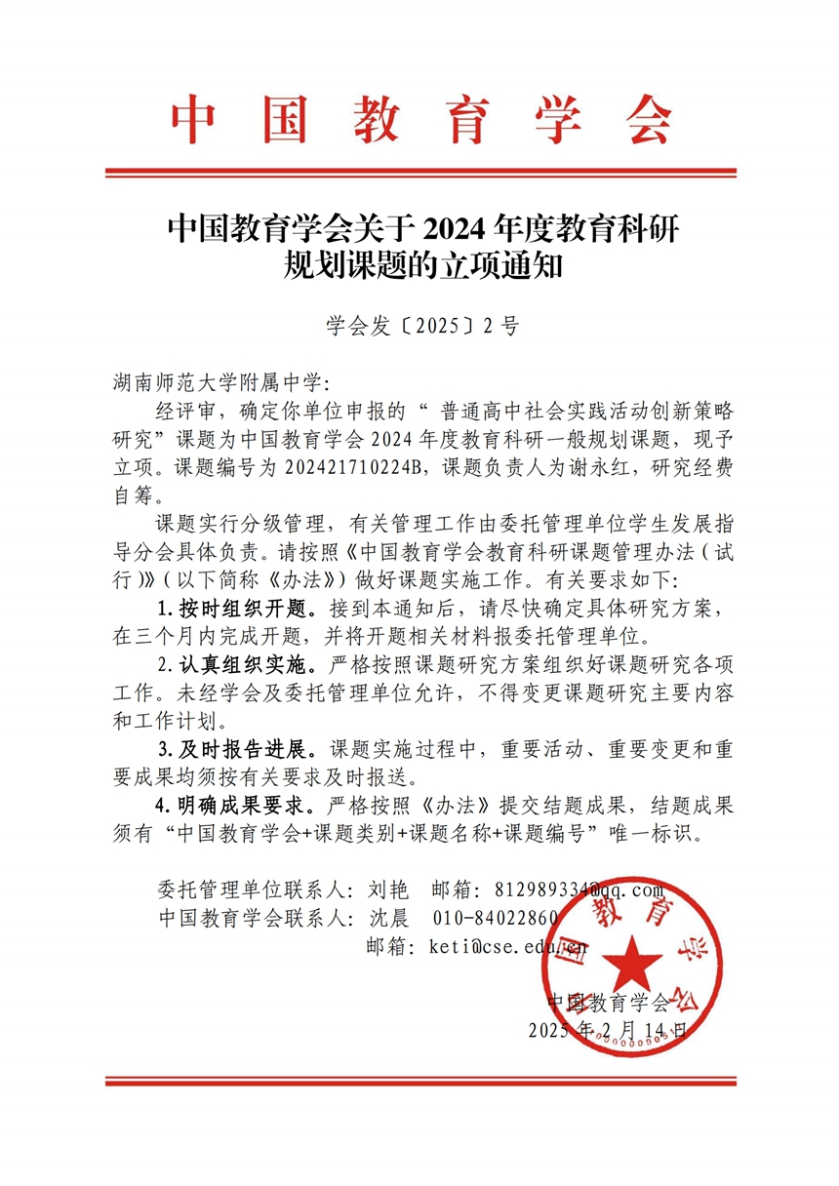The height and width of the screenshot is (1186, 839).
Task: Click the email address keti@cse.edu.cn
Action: click(x=507, y=946)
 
